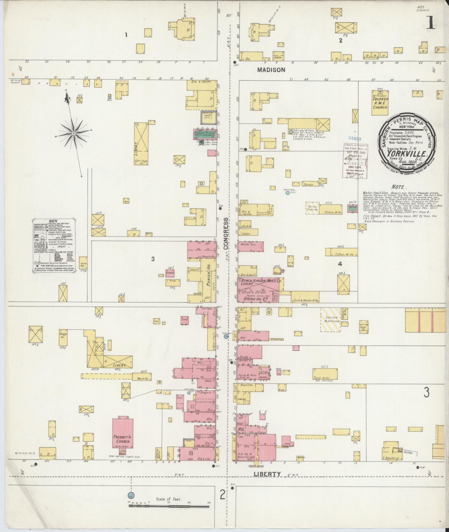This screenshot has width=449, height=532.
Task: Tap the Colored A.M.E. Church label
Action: [x=380, y=103]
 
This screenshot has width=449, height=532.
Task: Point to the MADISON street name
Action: [x=271, y=70]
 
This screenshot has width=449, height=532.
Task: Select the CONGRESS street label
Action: [x=226, y=234]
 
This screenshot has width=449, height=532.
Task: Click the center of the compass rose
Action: [x=73, y=133]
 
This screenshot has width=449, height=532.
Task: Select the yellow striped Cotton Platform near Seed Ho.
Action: [x=331, y=319]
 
